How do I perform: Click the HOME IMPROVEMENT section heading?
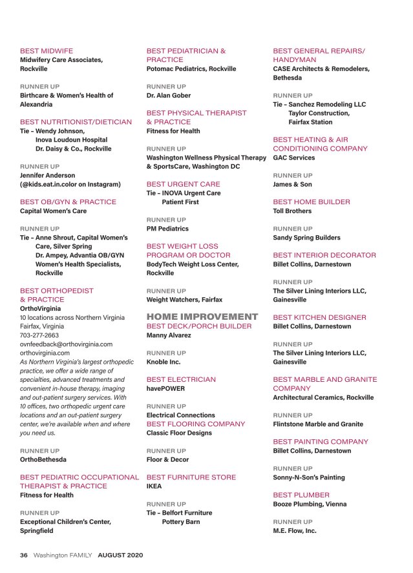202,317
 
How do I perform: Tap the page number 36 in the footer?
24,554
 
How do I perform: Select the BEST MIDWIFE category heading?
47,50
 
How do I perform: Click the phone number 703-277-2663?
39,335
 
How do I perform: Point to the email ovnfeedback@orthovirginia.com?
66,344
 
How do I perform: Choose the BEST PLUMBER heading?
301,495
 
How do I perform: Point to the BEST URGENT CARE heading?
183,184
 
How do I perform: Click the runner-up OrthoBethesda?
43,459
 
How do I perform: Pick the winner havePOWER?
165,388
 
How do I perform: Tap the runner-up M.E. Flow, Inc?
295,530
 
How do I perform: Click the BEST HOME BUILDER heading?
312,202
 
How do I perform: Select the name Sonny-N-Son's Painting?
309,477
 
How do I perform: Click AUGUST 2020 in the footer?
120,554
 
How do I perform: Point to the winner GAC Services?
294,158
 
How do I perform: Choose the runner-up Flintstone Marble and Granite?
318,424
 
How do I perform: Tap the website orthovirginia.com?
45,353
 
